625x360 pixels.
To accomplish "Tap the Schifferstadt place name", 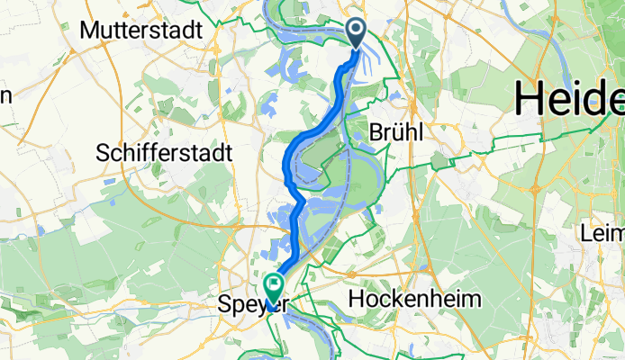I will click(x=165, y=151).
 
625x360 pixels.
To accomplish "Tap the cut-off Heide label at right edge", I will click(x=570, y=96).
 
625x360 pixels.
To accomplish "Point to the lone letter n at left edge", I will click(x=5, y=95).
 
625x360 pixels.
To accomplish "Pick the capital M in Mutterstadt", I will click(x=89, y=30).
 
